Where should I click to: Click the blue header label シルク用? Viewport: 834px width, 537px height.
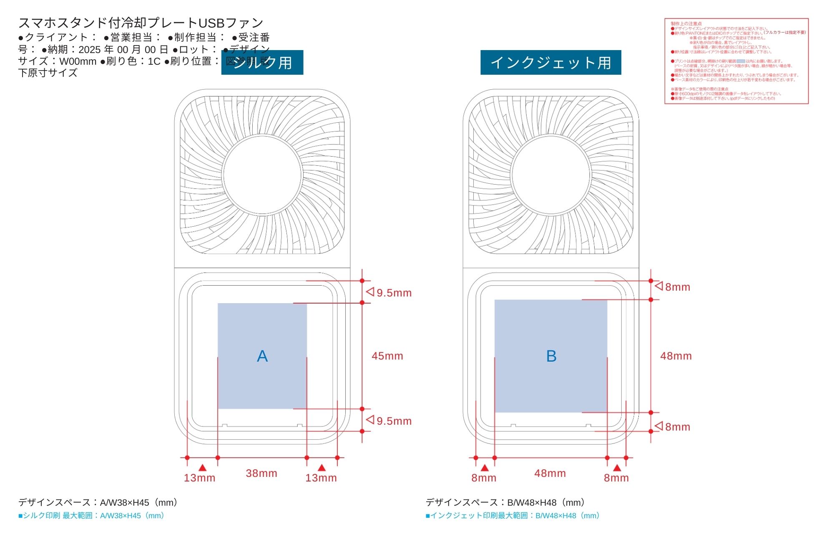click(262, 63)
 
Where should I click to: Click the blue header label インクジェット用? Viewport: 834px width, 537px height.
click(550, 63)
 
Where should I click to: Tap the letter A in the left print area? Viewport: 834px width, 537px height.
click(262, 356)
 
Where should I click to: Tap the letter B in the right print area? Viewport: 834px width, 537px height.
click(551, 356)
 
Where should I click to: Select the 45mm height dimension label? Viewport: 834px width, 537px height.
click(387, 356)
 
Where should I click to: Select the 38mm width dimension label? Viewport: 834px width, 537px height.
click(261, 474)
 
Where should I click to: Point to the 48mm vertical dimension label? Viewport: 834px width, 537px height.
click(676, 356)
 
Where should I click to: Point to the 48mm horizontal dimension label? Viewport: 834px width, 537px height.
click(550, 474)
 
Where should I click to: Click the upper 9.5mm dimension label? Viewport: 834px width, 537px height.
click(394, 293)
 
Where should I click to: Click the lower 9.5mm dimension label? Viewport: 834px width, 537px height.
click(394, 421)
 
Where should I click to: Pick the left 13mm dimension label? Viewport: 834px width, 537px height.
click(200, 478)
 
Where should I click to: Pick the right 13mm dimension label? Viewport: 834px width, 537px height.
click(321, 478)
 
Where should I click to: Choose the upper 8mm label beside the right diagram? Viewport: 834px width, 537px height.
click(678, 287)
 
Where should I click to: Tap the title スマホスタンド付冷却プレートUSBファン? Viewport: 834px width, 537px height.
click(141, 23)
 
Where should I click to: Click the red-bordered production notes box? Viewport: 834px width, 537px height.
click(736, 61)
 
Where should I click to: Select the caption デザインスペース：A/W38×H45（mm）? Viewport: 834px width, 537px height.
click(99, 502)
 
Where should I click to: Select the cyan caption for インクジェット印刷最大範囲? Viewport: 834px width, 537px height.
click(512, 516)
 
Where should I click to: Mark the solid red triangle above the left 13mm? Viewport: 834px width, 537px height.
click(202, 468)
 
